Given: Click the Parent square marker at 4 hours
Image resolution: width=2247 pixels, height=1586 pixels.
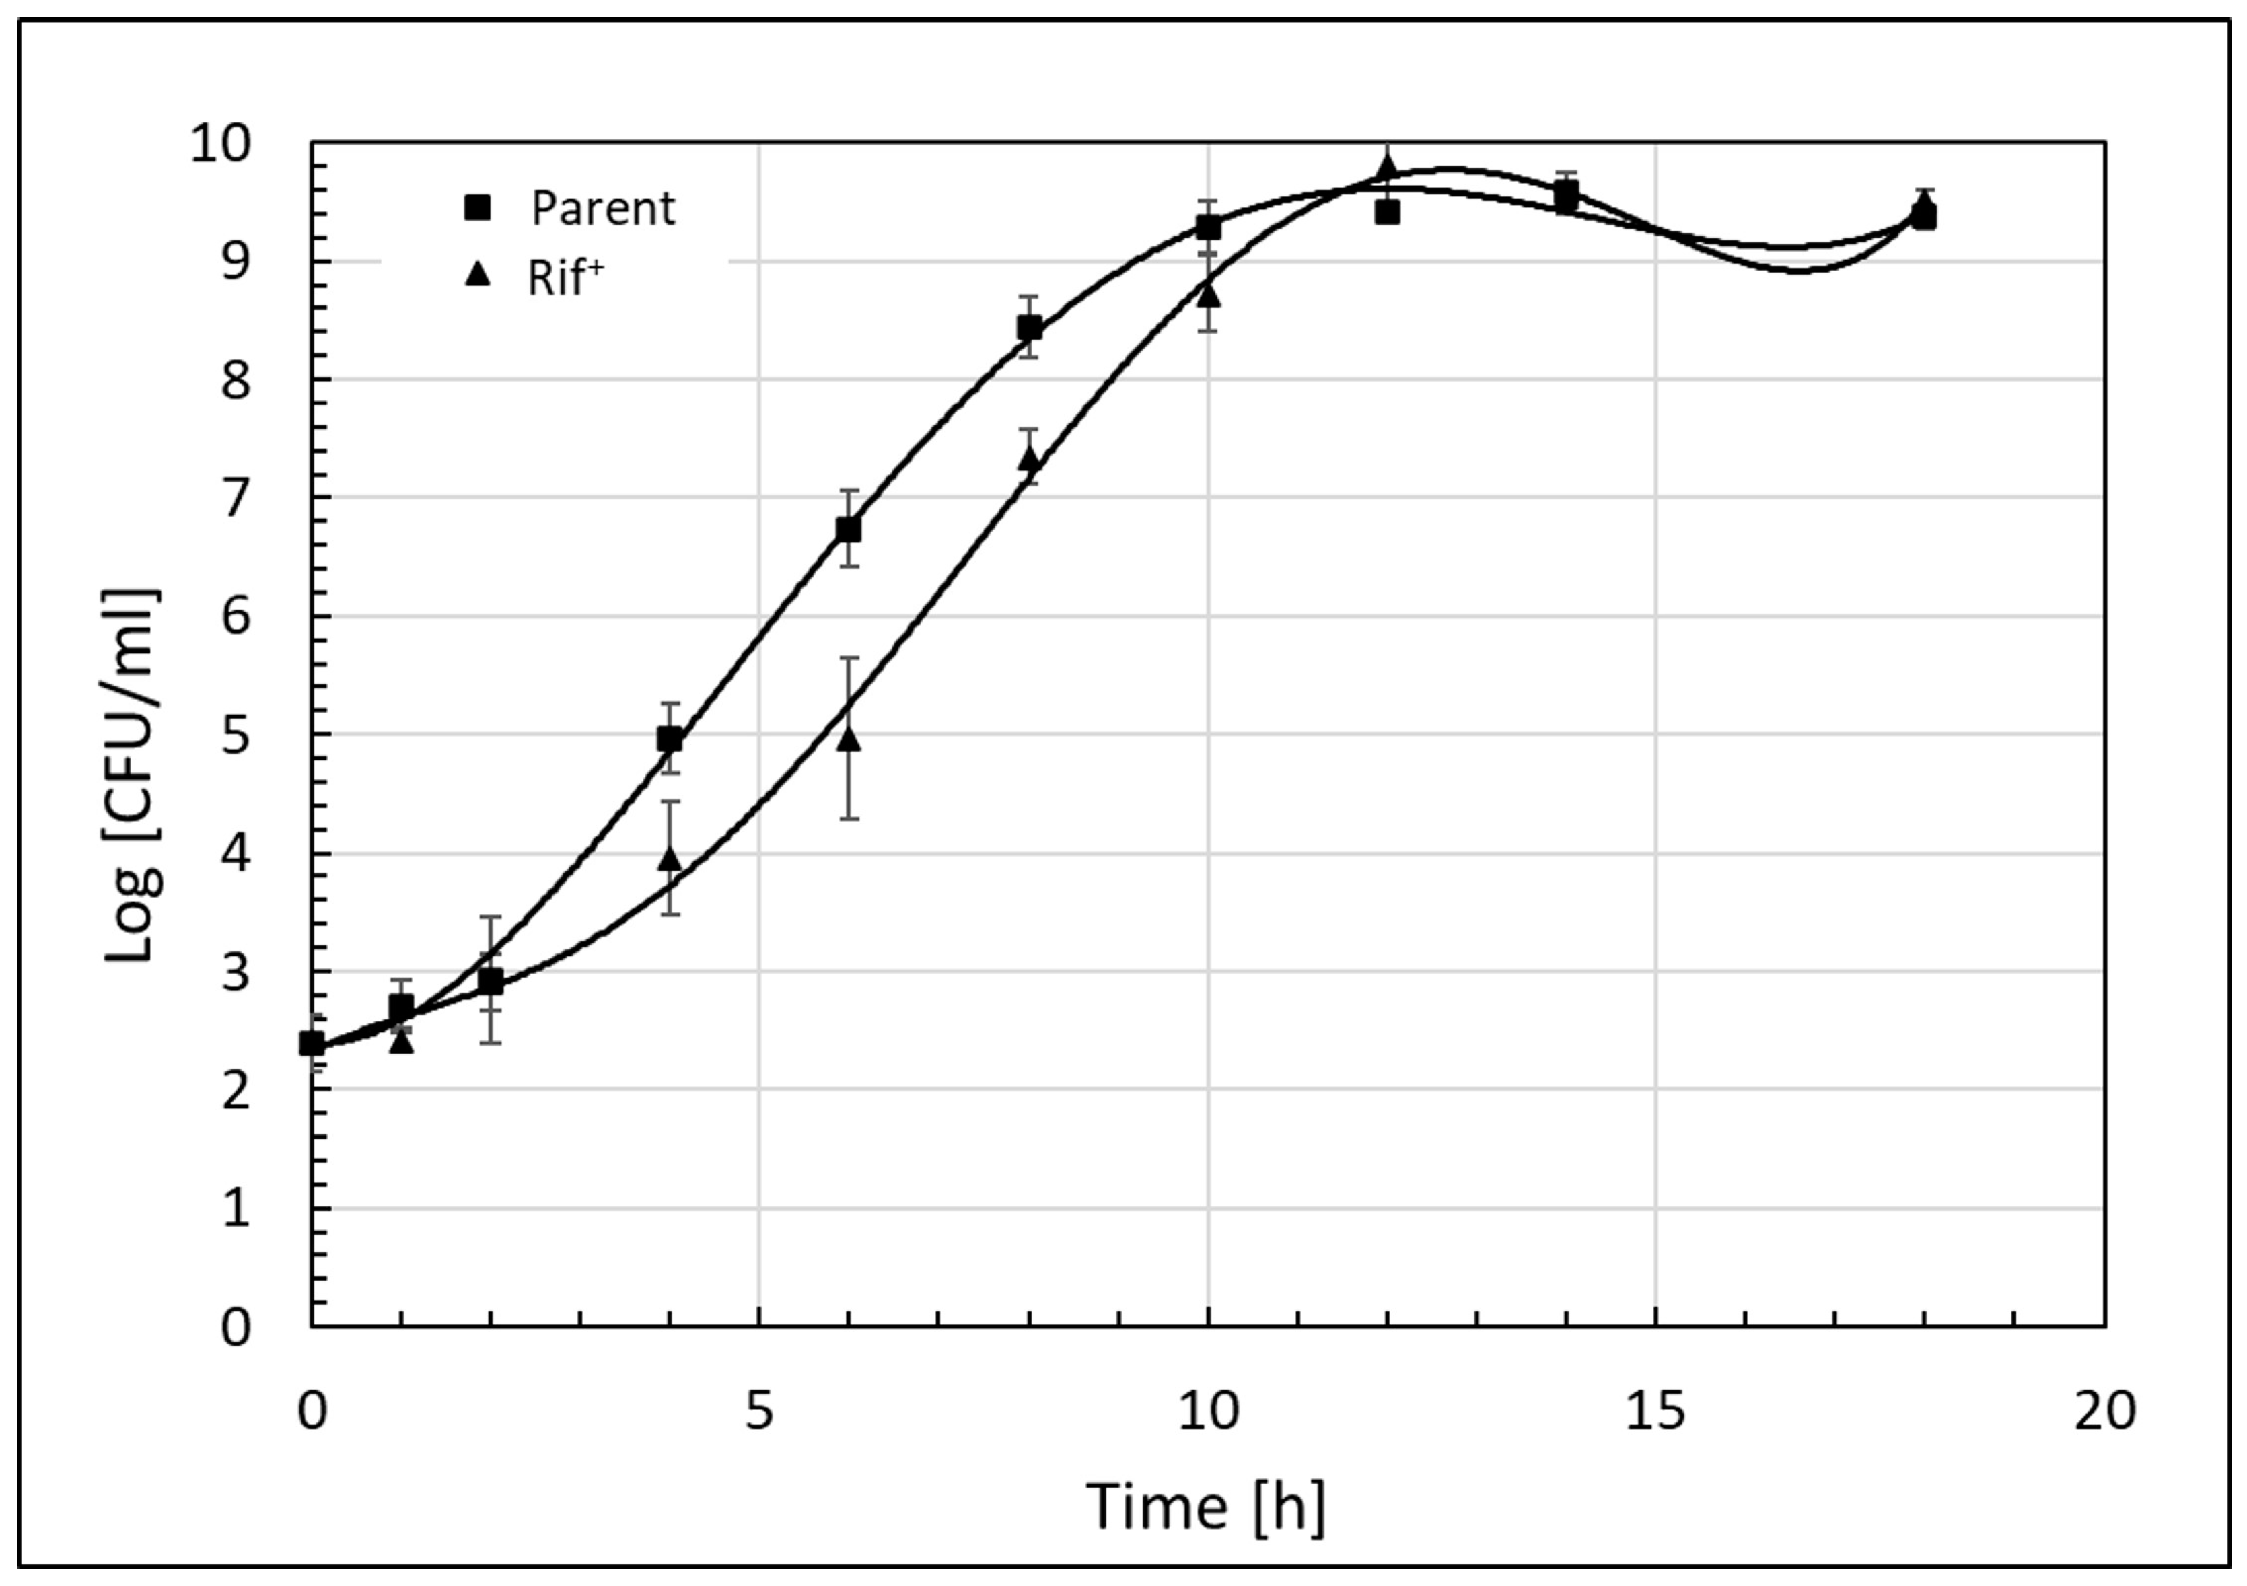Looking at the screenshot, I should pos(670,739).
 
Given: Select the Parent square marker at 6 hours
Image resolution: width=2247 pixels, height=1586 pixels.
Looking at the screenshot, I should pos(849,530).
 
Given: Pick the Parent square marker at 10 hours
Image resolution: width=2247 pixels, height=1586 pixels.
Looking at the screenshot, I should pos(1209,227).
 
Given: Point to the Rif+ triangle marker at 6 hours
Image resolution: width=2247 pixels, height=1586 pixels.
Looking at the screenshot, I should pos(849,739).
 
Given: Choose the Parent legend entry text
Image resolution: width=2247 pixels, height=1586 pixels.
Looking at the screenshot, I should pos(603,209).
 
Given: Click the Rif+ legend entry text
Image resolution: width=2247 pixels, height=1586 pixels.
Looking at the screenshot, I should pos(565,278).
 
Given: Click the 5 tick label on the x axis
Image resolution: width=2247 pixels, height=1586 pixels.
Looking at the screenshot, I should pos(760,1411).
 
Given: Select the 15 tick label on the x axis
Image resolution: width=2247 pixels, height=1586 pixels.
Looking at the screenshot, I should pos(1656,1411).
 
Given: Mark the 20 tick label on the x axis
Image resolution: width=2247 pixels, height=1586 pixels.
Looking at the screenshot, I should pos(2104,1411).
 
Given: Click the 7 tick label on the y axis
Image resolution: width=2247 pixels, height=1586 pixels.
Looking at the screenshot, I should pos(235,500).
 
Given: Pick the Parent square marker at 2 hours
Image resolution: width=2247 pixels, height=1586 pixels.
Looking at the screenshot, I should pos(491,981).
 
